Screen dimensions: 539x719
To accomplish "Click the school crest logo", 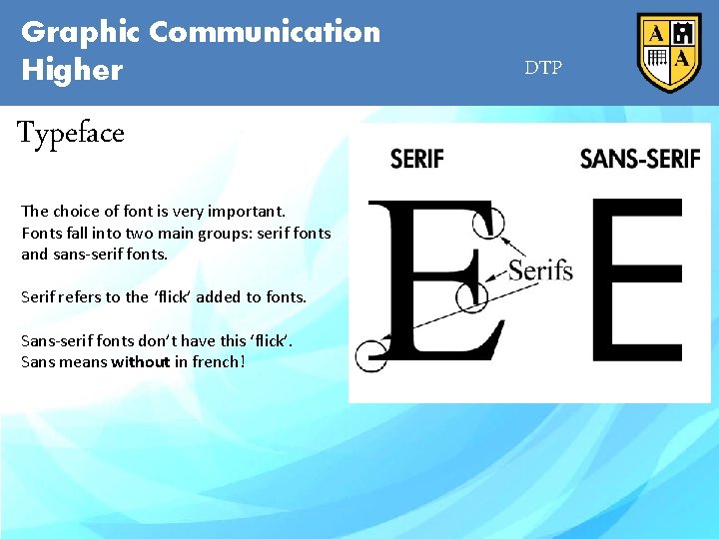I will (x=669, y=53).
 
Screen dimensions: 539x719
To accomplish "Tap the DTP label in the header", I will (x=543, y=68).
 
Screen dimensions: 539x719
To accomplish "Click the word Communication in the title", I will (x=265, y=32).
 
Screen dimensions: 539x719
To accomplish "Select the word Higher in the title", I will (x=72, y=71).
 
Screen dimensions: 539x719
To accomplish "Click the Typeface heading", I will (x=71, y=133).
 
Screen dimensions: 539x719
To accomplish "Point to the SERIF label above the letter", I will (x=417, y=158).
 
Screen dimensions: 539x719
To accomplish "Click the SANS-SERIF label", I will (x=639, y=158).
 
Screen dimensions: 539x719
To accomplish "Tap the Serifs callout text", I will (x=540, y=269).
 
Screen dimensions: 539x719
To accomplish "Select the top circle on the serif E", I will (x=488, y=223).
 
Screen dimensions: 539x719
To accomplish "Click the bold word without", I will (x=140, y=361).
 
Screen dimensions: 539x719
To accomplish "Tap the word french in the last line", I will (x=213, y=361).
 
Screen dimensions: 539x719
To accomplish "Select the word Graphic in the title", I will (x=82, y=32).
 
